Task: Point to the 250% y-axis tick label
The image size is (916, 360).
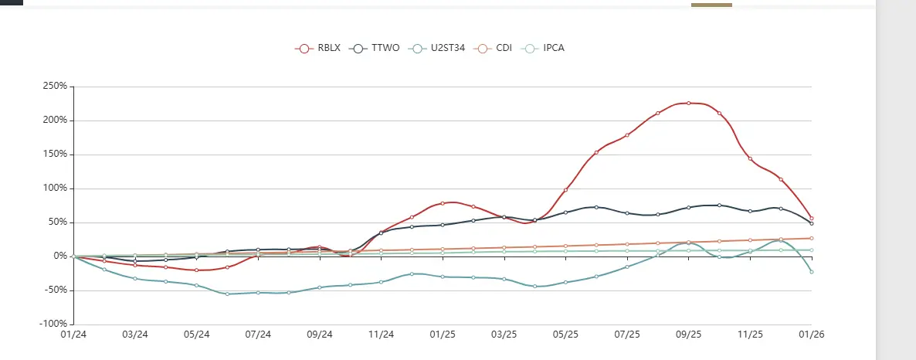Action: pos(56,87)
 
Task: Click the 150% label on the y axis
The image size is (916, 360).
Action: pos(56,155)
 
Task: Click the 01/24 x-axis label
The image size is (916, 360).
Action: pos(74,335)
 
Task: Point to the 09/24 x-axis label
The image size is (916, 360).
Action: pos(320,335)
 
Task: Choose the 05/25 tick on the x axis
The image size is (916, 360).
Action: pos(565,335)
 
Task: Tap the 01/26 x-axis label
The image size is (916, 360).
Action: pos(811,335)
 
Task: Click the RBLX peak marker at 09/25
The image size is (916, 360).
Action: pos(688,103)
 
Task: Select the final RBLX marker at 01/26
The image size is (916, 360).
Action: pos(811,218)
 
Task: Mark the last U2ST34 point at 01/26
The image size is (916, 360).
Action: pos(811,272)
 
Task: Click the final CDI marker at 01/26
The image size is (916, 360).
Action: pos(811,238)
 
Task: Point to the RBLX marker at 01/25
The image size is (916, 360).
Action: pos(443,203)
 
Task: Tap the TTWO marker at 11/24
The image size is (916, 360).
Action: pos(381,233)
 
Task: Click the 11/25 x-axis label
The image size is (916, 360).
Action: pos(750,335)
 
